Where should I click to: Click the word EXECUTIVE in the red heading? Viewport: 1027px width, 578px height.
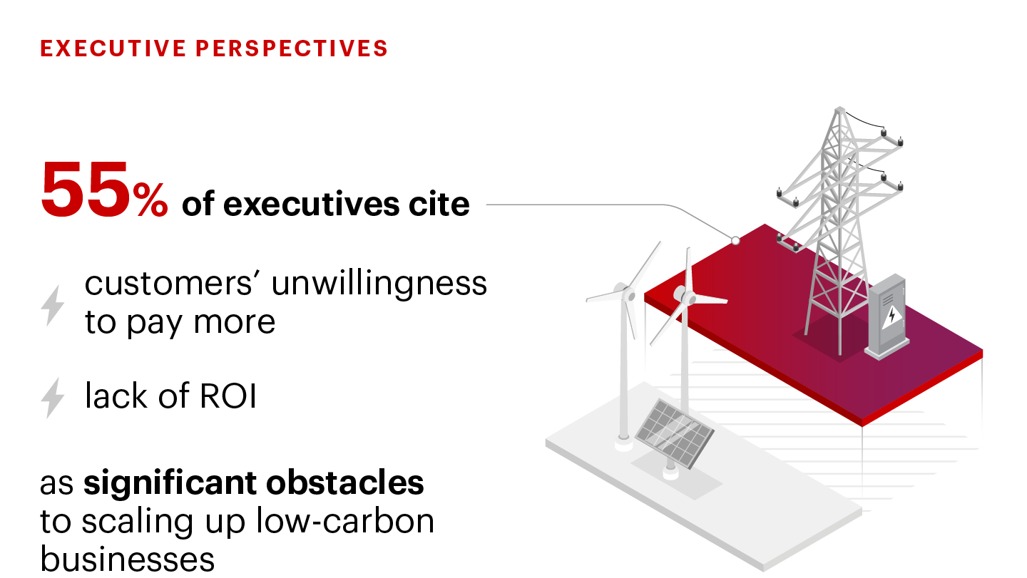pyautogui.click(x=113, y=48)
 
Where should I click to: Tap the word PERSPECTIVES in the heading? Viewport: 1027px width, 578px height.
pyautogui.click(x=292, y=48)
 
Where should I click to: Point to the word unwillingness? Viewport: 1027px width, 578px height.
pyautogui.click(x=379, y=284)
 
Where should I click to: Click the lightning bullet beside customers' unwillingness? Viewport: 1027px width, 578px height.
pyautogui.click(x=53, y=306)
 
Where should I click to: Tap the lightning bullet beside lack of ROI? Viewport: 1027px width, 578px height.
pyautogui.click(x=53, y=398)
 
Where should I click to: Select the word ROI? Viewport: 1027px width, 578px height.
pyautogui.click(x=228, y=396)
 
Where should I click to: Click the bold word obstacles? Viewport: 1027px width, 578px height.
pyautogui.click(x=344, y=482)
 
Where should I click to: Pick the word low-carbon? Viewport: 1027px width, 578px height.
pyautogui.click(x=344, y=521)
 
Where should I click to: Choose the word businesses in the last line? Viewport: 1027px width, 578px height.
pyautogui.click(x=127, y=559)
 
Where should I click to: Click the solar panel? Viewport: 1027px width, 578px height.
pyautogui.click(x=675, y=433)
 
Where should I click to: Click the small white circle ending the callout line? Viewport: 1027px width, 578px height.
pyautogui.click(x=735, y=240)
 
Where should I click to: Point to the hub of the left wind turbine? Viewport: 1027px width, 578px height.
pyautogui.click(x=626, y=294)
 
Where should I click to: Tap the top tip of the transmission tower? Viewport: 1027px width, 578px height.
pyautogui.click(x=839, y=108)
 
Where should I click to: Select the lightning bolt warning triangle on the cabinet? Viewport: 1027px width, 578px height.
pyautogui.click(x=891, y=317)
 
